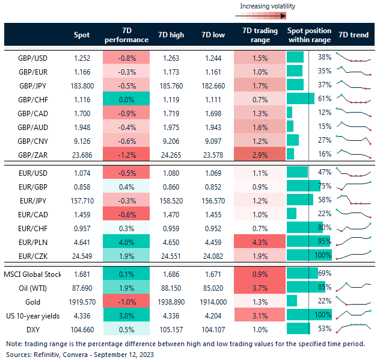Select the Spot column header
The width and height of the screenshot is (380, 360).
coord(81,35)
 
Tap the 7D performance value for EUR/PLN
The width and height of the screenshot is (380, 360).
coord(126,241)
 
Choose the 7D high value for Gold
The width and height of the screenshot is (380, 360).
coord(171,301)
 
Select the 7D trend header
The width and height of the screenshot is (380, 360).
coord(354,35)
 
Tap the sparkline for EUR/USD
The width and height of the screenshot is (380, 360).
coord(354,172)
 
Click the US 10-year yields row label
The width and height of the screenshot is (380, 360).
coord(34,314)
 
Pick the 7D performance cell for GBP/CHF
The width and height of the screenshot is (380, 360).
coord(126,98)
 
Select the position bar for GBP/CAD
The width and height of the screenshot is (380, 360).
coord(290,112)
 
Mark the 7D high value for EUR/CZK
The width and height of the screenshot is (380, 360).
coord(171,255)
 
